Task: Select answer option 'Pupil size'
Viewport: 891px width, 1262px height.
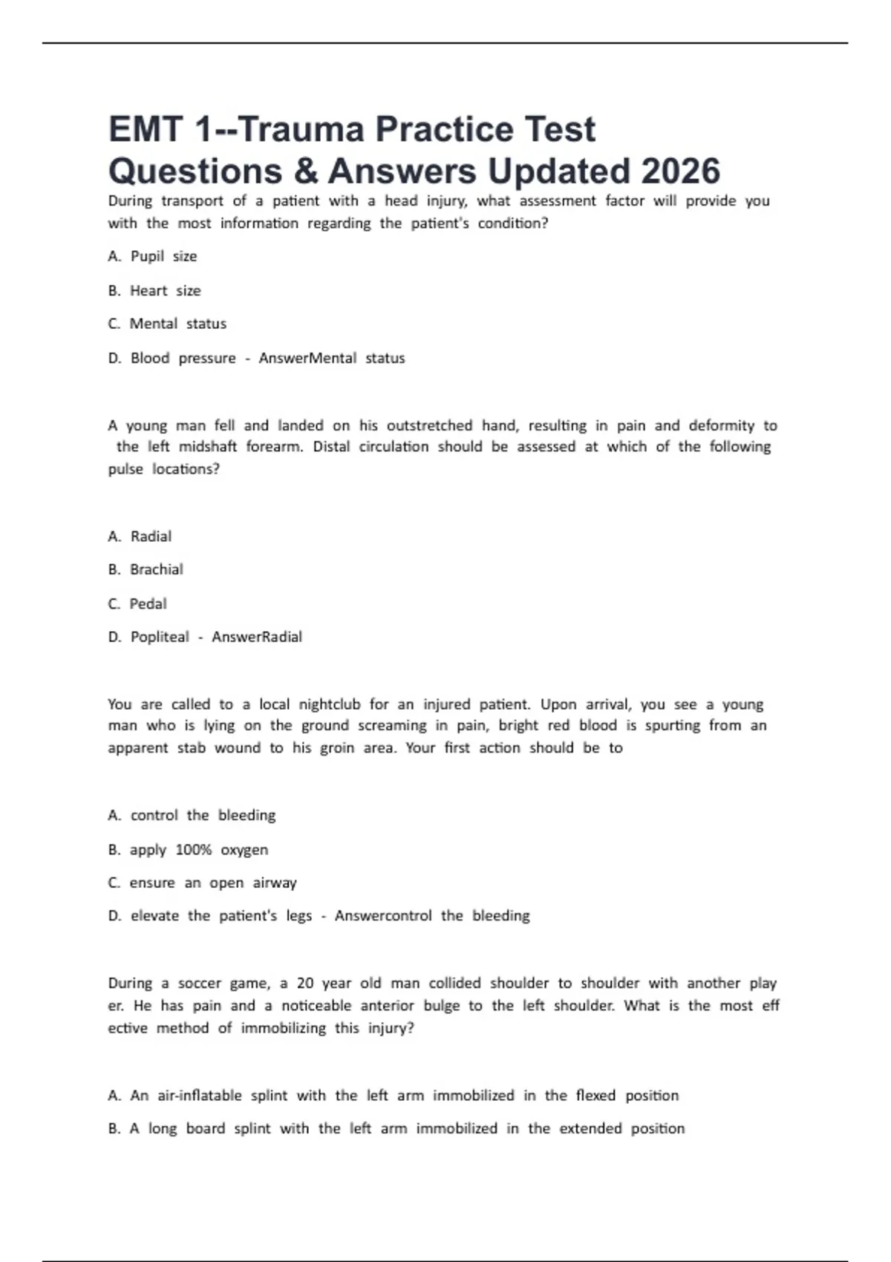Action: coord(163,257)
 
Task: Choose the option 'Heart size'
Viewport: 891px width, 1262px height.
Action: coord(165,291)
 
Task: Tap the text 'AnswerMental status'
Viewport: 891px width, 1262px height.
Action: coord(332,359)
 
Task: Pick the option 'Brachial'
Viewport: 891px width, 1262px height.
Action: coord(156,569)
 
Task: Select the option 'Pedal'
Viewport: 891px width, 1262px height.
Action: coord(148,604)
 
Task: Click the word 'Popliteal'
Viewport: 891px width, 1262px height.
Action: coord(160,637)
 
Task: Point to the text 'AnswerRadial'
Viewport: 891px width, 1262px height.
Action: coord(257,637)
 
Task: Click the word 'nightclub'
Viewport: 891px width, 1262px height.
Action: coord(329,704)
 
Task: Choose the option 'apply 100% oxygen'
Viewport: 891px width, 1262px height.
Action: coord(198,850)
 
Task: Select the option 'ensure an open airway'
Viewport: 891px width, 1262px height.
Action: coord(212,883)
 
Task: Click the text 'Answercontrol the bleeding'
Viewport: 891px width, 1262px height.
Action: coord(432,916)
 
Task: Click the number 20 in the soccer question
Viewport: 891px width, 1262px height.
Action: coord(305,984)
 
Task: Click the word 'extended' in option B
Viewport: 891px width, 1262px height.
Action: coord(590,1129)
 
